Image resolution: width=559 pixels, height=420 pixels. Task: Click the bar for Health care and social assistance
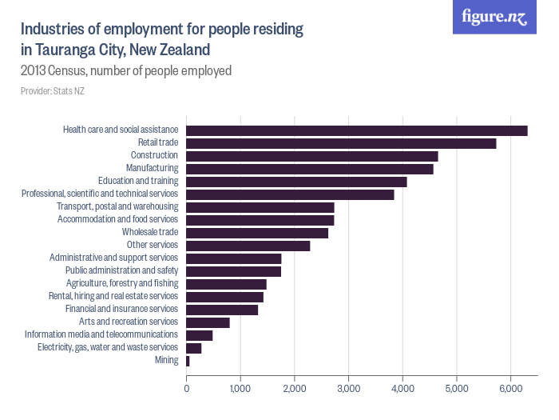click(x=356, y=130)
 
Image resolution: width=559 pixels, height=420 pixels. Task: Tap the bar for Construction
click(x=311, y=156)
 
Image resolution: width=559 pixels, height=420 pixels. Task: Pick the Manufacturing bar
click(x=309, y=169)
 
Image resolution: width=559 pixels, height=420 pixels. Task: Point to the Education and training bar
click(x=296, y=182)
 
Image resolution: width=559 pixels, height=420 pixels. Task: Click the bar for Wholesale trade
click(x=256, y=233)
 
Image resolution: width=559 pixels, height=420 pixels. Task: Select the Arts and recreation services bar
click(x=208, y=322)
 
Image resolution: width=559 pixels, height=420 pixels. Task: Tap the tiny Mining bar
click(x=188, y=361)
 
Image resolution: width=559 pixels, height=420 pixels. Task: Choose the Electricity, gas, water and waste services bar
click(x=193, y=348)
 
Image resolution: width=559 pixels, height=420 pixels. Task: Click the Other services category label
click(x=152, y=245)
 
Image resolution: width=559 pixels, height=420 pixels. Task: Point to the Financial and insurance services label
click(x=122, y=309)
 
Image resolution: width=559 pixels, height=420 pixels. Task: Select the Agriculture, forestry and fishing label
click(x=121, y=283)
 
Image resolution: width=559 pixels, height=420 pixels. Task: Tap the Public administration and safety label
click(x=121, y=270)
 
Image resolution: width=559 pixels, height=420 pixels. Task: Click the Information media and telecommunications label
click(x=101, y=334)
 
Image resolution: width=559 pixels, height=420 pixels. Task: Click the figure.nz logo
click(x=494, y=17)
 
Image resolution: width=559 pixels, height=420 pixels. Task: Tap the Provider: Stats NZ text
click(x=52, y=91)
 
